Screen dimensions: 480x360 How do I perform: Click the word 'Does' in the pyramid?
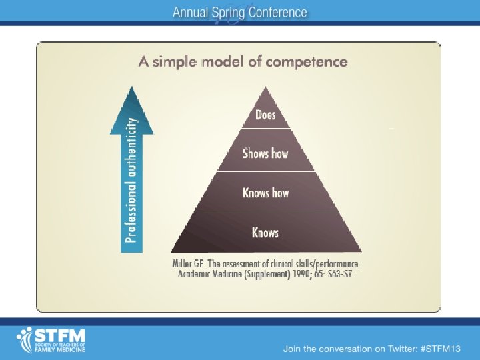[x=265, y=115]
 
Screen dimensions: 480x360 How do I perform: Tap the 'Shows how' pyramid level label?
[x=265, y=153]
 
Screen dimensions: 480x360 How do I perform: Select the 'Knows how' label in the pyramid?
[x=265, y=193]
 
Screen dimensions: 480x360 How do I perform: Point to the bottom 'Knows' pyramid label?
[x=265, y=233]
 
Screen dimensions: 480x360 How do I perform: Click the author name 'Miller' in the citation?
[x=183, y=263]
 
